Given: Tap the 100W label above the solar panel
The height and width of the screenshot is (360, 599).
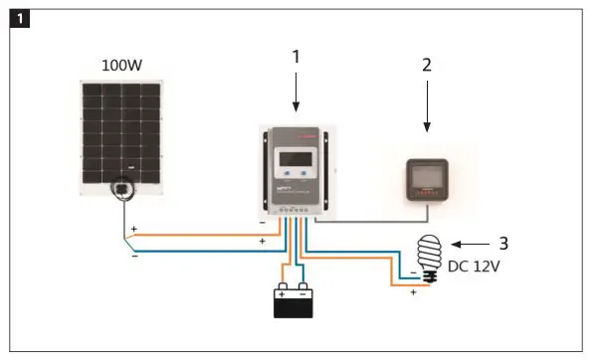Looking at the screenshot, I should tap(121, 66).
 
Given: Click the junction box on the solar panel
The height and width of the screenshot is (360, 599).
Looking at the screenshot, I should tap(119, 188).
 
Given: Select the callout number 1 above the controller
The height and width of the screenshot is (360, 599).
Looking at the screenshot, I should tap(295, 58).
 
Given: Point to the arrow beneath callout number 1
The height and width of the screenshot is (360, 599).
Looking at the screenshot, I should tap(295, 95).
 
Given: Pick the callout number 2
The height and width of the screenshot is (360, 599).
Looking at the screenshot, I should tap(427, 66).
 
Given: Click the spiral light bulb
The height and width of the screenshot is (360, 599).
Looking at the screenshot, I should tap(434, 256).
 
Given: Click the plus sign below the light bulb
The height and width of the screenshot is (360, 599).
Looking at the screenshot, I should tap(413, 293).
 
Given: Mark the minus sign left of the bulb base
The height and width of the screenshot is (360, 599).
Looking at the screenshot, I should tap(413, 270).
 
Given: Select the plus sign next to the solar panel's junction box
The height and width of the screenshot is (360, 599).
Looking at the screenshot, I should tap(133, 229).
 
